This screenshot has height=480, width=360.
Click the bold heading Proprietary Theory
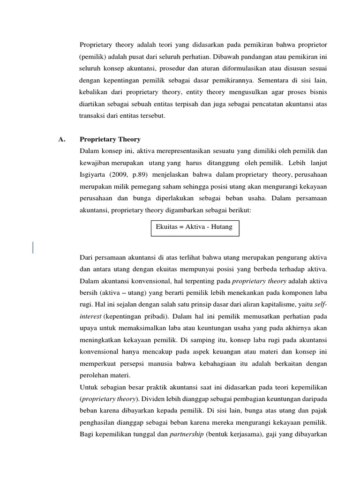tap(110, 139)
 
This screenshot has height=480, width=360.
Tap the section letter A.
tap(61, 139)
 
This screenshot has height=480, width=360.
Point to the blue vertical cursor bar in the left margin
tap(33, 247)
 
